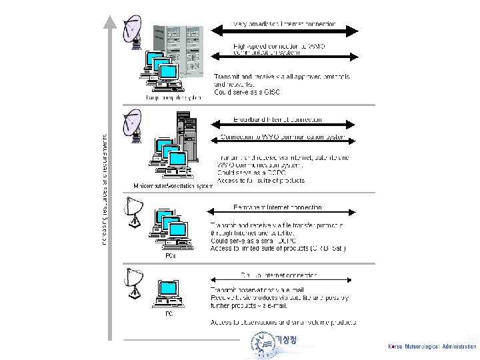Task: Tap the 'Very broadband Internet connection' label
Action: [x=285, y=24]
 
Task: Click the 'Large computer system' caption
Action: [x=173, y=97]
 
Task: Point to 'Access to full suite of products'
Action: [x=261, y=181]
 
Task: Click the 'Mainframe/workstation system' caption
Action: [x=173, y=185]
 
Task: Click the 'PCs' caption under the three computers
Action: [x=171, y=255]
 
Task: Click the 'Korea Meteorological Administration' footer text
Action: [x=432, y=347]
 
